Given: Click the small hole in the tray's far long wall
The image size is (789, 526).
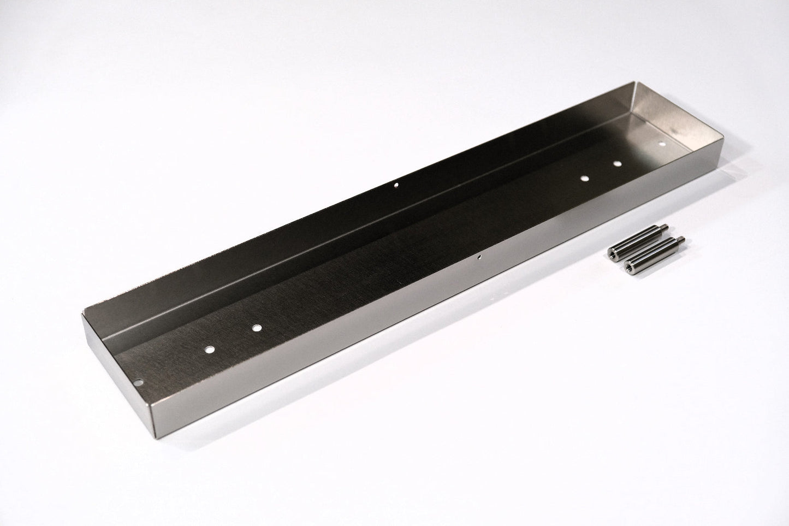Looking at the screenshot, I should point(396,185).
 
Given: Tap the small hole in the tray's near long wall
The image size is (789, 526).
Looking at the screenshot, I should point(479,255).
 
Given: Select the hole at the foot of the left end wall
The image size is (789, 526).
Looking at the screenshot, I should point(140,383).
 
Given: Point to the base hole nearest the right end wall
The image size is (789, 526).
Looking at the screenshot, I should point(662,144).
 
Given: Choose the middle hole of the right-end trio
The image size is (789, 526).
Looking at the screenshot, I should point(617,163).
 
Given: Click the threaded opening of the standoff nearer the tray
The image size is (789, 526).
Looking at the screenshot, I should point(612,252).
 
